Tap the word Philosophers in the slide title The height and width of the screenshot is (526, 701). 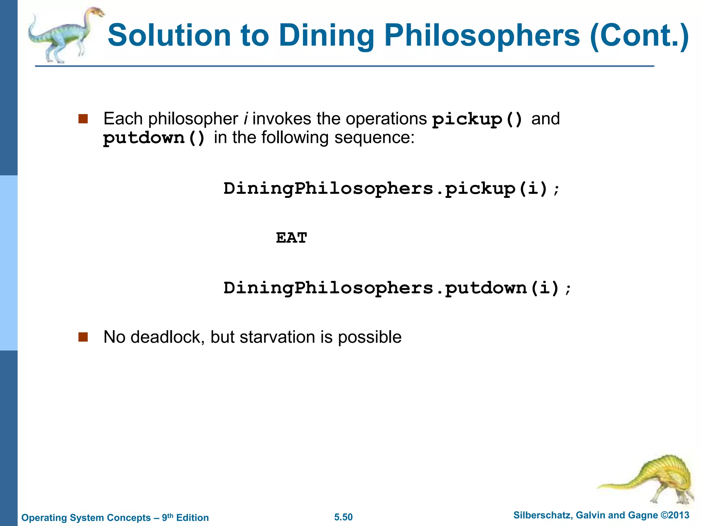coord(482,36)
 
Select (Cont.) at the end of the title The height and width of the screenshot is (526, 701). coord(639,36)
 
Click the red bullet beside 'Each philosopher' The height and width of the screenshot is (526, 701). coord(83,119)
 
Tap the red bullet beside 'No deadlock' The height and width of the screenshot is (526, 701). coord(83,337)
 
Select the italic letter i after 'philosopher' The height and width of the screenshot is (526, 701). coord(245,119)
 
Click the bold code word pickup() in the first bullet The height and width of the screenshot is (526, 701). coord(477,120)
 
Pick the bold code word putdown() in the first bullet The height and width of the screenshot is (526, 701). coord(154,138)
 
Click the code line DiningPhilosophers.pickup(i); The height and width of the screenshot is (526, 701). coord(392,189)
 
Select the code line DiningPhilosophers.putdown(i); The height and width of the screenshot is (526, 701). coord(397,288)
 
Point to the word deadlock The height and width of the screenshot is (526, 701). coord(167,337)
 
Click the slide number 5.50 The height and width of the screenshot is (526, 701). coord(343,517)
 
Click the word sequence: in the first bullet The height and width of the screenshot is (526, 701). coord(374,138)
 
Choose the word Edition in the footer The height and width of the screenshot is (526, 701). coord(192,517)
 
